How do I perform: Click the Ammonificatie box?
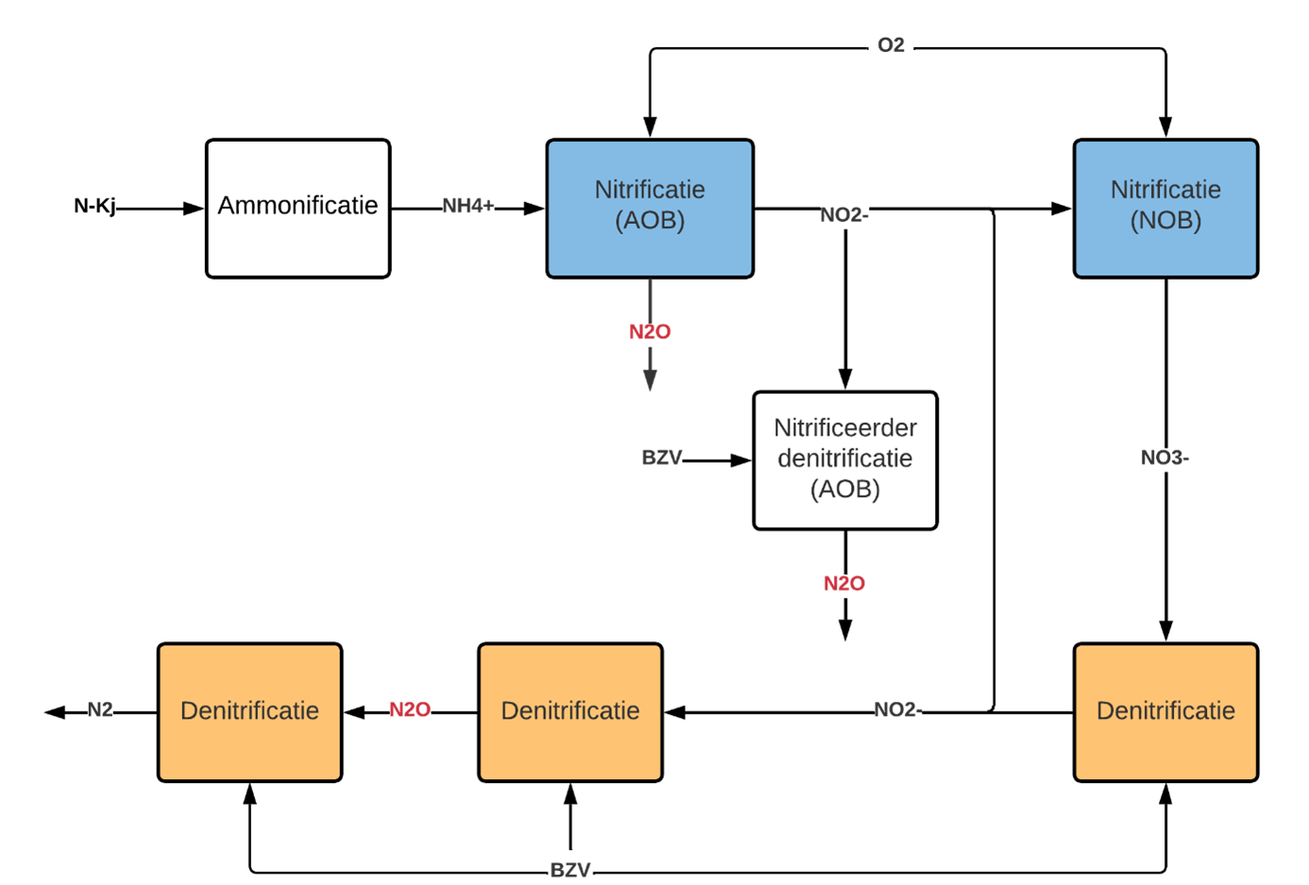[x=298, y=208]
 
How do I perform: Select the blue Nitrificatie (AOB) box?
[x=650, y=208]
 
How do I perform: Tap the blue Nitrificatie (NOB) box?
[x=1165, y=208]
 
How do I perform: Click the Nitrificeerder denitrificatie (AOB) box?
[x=845, y=460]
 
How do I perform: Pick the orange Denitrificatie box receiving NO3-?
[x=1165, y=712]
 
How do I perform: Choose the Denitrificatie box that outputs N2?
[x=249, y=712]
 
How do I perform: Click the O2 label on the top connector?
[x=891, y=45]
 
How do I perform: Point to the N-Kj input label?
[x=94, y=206]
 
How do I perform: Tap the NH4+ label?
[x=468, y=206]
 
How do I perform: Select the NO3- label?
[x=1164, y=457]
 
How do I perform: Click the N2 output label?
[x=100, y=709]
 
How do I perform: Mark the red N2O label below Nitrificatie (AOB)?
[x=650, y=332]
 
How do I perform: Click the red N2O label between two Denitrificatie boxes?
[x=410, y=709]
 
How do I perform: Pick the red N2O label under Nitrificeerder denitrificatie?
[x=844, y=583]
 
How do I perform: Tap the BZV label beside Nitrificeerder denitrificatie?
[x=661, y=457]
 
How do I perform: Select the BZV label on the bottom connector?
[x=570, y=870]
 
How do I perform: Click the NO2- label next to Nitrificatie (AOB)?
[x=844, y=214]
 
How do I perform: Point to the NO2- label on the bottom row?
[x=898, y=709]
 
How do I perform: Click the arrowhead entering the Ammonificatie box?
[x=194, y=208]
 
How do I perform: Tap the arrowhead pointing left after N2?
[x=55, y=712]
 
